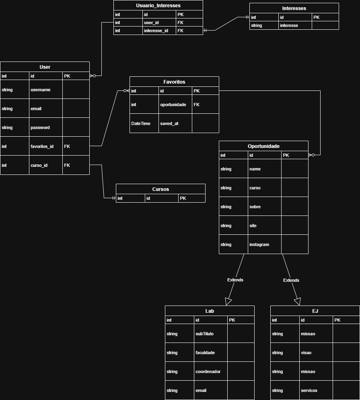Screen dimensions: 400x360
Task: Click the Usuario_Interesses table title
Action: coord(158,6)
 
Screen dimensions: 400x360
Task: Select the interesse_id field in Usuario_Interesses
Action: coord(156,31)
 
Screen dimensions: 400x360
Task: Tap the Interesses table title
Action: coord(294,8)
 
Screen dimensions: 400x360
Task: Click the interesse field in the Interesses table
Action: coord(289,25)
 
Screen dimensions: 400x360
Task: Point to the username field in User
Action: coord(41,90)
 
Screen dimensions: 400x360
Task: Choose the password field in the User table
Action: coord(40,127)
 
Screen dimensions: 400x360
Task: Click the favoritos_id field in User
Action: coord(42,146)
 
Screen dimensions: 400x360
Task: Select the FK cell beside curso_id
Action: coord(67,165)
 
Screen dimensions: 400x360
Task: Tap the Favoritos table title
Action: coord(174,82)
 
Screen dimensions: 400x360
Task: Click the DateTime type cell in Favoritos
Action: coord(141,123)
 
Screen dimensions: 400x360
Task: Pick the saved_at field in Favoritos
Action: coord(169,123)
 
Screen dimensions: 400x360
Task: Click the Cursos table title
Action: coord(160,189)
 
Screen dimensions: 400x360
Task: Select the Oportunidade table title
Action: coord(263,146)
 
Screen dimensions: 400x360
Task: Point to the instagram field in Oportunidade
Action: coord(259,244)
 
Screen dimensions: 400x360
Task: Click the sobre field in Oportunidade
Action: coord(255,207)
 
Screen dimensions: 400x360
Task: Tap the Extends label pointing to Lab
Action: coord(235,280)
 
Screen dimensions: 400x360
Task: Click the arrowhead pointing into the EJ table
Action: coord(298,301)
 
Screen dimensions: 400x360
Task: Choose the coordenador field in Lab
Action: coord(208,371)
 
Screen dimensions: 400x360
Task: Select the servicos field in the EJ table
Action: coord(309,390)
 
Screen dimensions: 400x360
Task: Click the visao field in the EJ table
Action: coord(307,353)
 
